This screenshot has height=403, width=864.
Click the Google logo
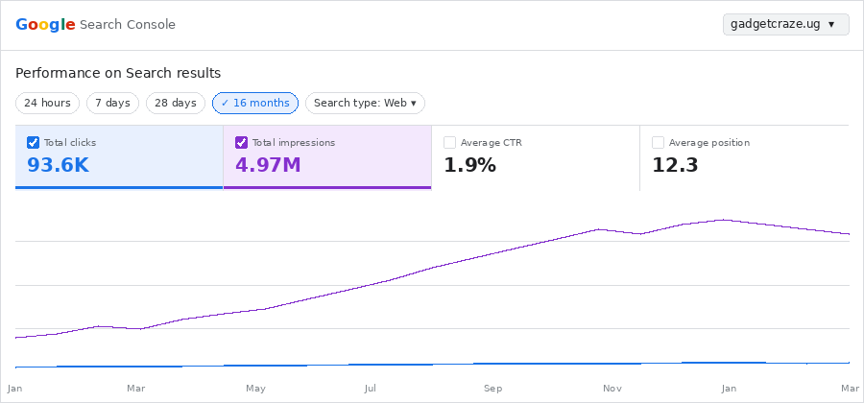pos(45,24)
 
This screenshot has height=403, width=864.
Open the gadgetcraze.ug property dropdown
pos(785,24)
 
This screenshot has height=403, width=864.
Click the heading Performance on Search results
pos(118,73)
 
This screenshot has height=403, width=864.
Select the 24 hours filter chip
pos(47,103)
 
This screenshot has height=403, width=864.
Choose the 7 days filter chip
pos(112,103)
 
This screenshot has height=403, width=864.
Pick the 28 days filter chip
pos(176,103)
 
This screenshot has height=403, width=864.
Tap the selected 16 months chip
pos(255,103)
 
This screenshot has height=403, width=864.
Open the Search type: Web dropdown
pos(365,103)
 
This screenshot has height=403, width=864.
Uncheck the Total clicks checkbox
pos(34,142)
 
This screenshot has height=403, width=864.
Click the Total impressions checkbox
pos(242,142)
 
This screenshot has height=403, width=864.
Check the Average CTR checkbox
pos(450,142)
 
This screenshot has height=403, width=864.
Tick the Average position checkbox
pos(659,142)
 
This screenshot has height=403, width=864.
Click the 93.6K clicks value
pos(58,165)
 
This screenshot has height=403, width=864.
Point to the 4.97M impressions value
pos(268,165)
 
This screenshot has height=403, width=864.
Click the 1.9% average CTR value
pos(469,165)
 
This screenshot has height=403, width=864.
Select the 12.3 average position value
pos(675,165)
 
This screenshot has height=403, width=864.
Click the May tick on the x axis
pos(255,389)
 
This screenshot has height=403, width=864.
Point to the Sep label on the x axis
pos(492,389)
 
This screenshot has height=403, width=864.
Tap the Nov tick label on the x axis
pos(612,389)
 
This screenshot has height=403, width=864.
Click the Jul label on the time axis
pos(370,389)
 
